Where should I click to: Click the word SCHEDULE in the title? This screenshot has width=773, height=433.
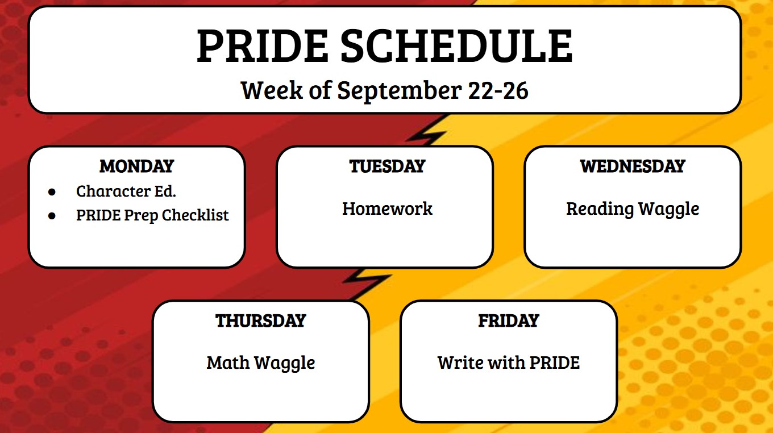pos(456,46)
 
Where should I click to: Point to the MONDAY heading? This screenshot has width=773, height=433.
pos(136,166)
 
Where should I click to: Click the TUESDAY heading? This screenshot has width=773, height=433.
pos(387,166)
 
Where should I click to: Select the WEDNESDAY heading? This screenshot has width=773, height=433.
pos(633,166)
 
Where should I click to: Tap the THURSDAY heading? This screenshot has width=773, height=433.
pos(260,320)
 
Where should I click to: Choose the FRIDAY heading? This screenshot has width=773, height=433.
pos(508,320)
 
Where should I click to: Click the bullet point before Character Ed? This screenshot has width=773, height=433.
pos(52,192)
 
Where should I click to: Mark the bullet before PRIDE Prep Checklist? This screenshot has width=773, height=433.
pos(52,216)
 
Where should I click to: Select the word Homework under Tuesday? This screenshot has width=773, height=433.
pos(387,209)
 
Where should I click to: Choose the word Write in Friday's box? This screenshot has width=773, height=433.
pos(458,363)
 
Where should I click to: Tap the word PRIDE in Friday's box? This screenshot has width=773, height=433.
pos(554,363)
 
